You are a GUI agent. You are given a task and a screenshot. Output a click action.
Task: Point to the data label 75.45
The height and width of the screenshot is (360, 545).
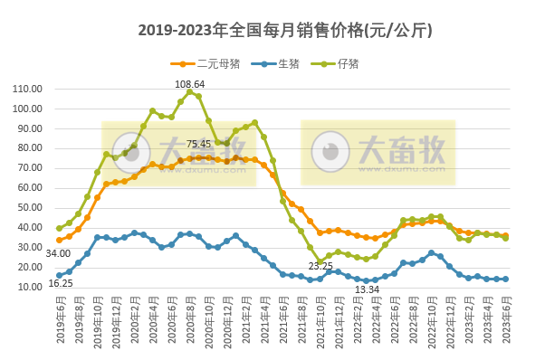[x=199, y=144]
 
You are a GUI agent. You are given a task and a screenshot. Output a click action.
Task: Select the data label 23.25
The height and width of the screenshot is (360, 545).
[x=320, y=266]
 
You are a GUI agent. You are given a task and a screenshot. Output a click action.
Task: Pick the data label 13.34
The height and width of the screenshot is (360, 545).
[x=367, y=289]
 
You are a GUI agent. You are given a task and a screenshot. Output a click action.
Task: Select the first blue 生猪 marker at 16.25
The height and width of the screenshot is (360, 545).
[x=60, y=275]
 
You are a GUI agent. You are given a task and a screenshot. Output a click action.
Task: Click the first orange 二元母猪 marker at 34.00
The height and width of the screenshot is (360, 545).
[x=60, y=240]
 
